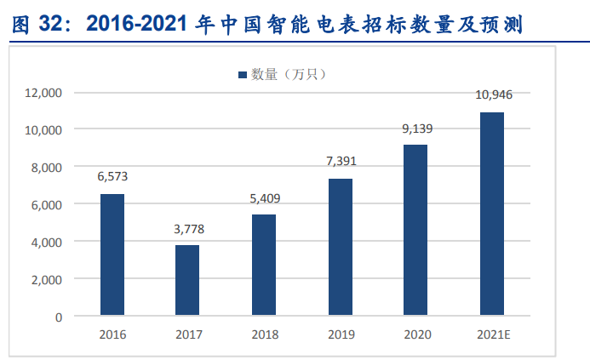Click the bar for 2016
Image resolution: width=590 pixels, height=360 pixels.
(112, 255)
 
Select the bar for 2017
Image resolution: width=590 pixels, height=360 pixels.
(187, 281)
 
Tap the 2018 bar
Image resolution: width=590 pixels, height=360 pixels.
(264, 266)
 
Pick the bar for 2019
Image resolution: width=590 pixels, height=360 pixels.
(340, 247)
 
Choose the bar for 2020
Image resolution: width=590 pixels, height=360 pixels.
(415, 230)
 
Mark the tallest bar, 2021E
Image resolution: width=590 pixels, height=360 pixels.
(491, 214)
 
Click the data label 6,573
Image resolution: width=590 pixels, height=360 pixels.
(112, 177)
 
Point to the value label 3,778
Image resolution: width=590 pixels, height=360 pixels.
(187, 229)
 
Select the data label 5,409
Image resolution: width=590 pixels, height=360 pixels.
(264, 198)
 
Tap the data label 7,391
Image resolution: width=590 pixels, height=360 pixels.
(340, 162)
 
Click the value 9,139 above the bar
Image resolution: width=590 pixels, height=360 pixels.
(415, 129)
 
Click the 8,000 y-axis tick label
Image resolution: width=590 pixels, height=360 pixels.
(48, 167)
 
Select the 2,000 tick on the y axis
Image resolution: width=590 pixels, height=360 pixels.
(48, 279)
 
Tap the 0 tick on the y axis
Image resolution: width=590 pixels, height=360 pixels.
(58, 317)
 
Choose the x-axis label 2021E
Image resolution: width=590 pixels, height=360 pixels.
(492, 334)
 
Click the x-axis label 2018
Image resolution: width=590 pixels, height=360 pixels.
(264, 334)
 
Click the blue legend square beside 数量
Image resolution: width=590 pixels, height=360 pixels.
(242, 75)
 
